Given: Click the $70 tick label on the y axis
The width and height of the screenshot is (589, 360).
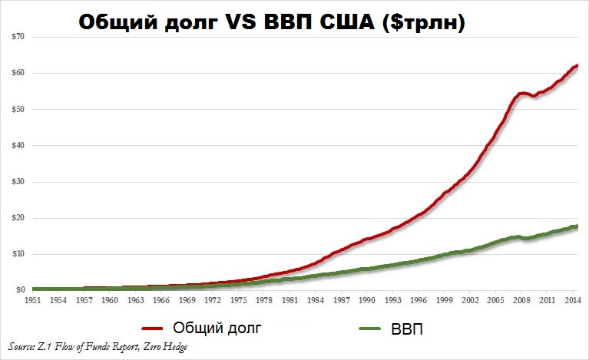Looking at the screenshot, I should pyautogui.click(x=18, y=36).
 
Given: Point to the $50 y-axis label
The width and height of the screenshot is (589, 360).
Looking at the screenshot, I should pyautogui.click(x=18, y=109).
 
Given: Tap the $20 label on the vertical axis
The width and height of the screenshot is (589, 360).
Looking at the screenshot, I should pyautogui.click(x=18, y=218).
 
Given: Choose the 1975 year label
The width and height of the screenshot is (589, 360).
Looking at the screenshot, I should pyautogui.click(x=240, y=300).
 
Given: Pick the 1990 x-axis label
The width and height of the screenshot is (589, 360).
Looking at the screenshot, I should pyautogui.click(x=368, y=300).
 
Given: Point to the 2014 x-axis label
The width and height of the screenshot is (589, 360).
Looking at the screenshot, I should pyautogui.click(x=572, y=300).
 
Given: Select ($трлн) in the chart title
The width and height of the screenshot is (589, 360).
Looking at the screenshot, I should pyautogui.click(x=433, y=25).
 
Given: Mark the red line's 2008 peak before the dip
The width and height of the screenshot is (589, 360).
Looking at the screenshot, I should pyautogui.click(x=521, y=93).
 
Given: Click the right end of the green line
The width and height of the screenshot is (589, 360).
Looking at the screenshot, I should pyautogui.click(x=577, y=226).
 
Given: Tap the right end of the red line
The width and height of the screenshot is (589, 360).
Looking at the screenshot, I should pyautogui.click(x=577, y=65).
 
